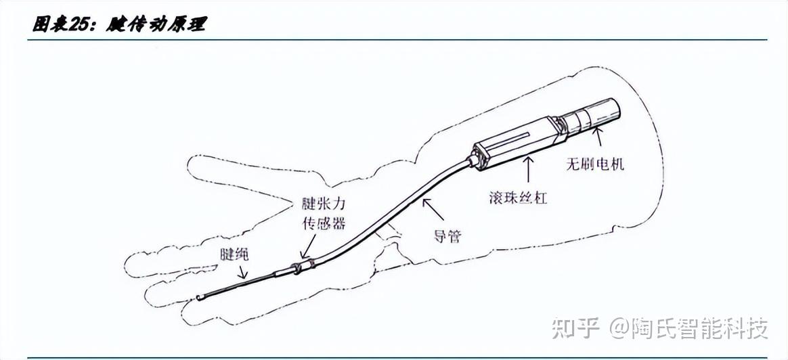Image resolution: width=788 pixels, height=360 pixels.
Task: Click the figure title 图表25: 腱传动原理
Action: (x=119, y=24)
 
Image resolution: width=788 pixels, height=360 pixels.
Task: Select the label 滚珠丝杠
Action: (x=517, y=198)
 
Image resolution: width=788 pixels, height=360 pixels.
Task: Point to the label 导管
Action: (x=447, y=237)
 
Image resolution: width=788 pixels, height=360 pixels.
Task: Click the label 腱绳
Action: (x=235, y=254)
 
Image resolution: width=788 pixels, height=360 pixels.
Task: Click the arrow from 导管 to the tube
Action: (x=433, y=210)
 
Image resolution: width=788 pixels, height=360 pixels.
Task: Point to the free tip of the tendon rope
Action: (x=198, y=297)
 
